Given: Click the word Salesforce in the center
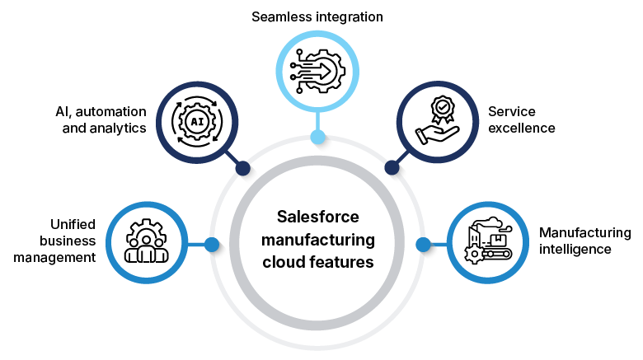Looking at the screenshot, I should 318,218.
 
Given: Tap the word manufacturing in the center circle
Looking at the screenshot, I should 318,241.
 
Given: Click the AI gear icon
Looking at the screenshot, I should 197,122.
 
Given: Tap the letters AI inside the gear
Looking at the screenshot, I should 197,122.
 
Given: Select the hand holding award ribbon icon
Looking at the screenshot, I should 438,122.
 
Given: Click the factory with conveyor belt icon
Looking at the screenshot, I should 487,242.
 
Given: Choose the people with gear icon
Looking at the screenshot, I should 147,242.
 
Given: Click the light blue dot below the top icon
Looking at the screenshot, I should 317,137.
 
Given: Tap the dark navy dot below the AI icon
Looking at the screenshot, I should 242,168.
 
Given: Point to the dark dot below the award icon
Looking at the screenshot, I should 392,168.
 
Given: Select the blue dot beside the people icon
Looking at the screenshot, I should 212,245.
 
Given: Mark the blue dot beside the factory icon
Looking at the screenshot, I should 423,245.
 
